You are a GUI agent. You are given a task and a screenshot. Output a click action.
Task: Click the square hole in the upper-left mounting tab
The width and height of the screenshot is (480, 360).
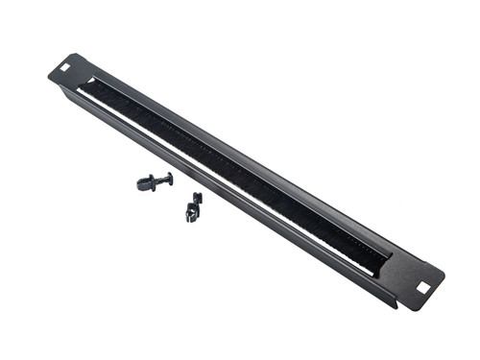(64, 67)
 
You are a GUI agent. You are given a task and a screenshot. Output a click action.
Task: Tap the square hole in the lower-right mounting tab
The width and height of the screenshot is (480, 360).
(422, 286)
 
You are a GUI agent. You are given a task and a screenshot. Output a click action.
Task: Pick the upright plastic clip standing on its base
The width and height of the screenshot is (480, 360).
(193, 206)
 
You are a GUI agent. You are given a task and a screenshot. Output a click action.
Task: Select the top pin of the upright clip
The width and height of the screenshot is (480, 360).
(197, 197)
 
